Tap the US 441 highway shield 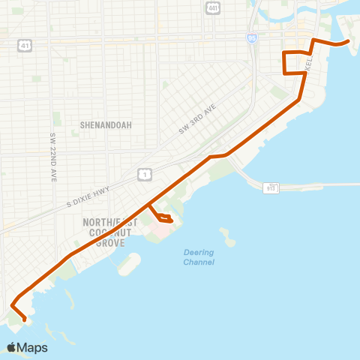click(x=214, y=7)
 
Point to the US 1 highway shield click(x=145, y=175)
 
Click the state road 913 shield click(x=270, y=187)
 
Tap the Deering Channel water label click(x=199, y=257)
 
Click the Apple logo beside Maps click(x=11, y=348)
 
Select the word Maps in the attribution click(x=33, y=348)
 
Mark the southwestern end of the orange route click(x=25, y=320)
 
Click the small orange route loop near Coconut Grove click(x=163, y=218)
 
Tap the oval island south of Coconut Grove click(x=130, y=264)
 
